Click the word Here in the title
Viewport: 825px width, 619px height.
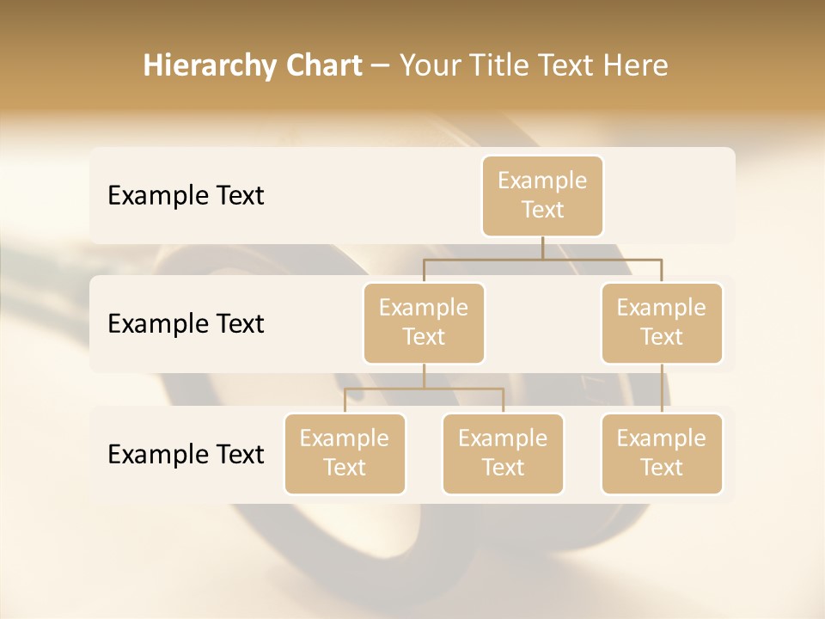[636, 65]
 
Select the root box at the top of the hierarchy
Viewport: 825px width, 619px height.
[542, 195]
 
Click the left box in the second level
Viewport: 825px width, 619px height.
[424, 322]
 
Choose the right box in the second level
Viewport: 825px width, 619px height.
[662, 322]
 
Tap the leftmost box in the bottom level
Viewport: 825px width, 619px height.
[345, 453]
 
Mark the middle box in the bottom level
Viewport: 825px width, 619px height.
[503, 453]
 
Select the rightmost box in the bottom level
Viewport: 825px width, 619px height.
[662, 453]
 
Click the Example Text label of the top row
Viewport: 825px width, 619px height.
[186, 195]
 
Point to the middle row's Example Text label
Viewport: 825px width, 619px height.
[186, 323]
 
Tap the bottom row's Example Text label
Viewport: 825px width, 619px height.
[186, 454]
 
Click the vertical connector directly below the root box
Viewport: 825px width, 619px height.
[542, 248]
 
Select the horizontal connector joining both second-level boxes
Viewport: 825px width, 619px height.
[542, 259]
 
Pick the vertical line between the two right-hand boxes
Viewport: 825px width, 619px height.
[662, 389]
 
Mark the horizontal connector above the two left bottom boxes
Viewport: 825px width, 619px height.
[424, 389]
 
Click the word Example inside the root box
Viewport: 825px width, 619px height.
[542, 181]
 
